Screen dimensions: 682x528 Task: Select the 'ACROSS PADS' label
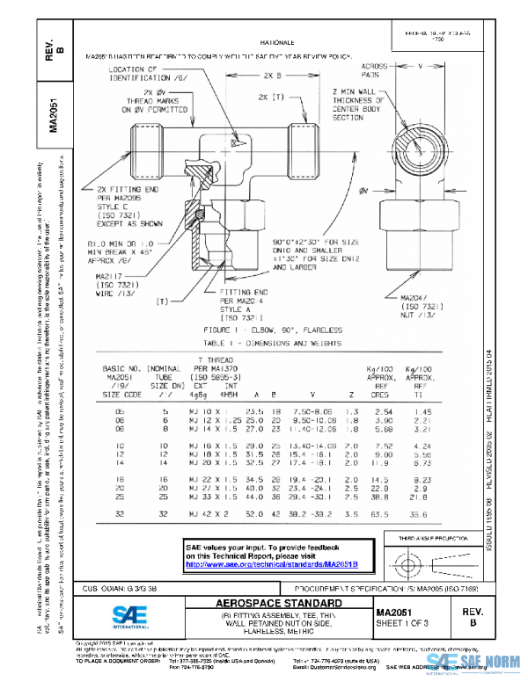tap(378, 70)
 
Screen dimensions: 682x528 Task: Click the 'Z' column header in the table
tap(351, 395)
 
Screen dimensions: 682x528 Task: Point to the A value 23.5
tap(255, 411)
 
